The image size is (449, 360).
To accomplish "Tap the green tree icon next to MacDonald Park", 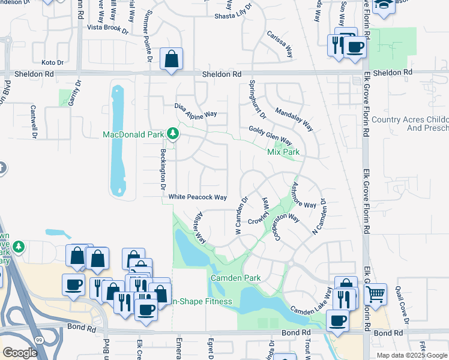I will click(173, 133).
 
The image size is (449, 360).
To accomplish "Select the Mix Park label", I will click(283, 152).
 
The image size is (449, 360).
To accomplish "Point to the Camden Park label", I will click(235, 278).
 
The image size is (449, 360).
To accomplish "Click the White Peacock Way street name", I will click(197, 197).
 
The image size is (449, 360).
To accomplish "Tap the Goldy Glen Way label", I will click(270, 136).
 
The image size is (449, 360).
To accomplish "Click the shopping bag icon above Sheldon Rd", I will click(171, 59).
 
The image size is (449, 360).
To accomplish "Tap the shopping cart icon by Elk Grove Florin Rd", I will click(375, 294).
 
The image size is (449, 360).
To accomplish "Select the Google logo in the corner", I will click(20, 352).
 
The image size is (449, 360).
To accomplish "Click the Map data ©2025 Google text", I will click(412, 355).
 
